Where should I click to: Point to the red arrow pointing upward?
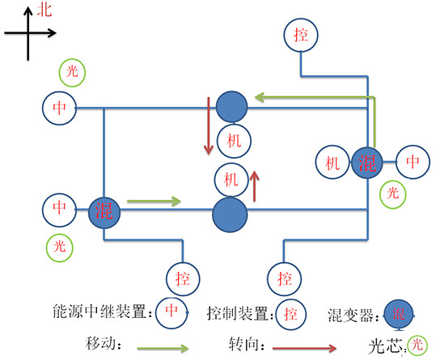click(x=256, y=185)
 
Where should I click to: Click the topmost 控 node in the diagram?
click(x=301, y=35)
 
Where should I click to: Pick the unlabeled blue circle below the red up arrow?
click(x=230, y=214)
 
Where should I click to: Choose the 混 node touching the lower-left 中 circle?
click(x=104, y=212)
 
